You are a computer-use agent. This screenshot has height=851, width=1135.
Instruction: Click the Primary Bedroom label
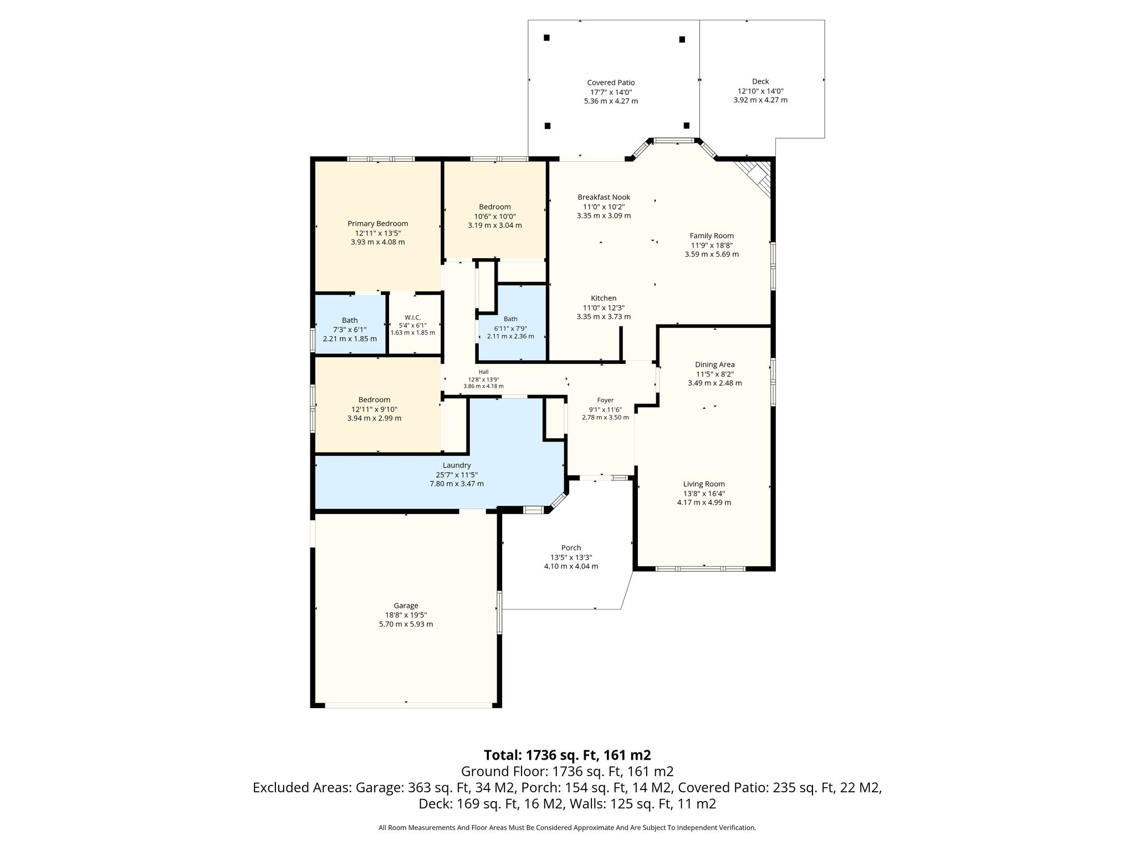click(377, 224)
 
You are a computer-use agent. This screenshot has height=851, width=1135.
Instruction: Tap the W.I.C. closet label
click(413, 317)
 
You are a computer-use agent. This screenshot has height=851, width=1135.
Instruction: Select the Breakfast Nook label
click(604, 197)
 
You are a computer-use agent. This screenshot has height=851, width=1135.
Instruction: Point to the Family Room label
click(712, 236)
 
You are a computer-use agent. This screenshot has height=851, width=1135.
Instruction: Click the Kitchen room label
click(604, 298)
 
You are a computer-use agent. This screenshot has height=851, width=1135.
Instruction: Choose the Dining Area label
click(715, 365)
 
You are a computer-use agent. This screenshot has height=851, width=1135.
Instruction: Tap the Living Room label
click(704, 484)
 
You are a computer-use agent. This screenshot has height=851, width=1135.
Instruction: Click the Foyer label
click(605, 400)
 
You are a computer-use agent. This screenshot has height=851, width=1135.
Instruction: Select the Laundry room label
click(457, 465)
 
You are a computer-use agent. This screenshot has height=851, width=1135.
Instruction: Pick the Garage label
click(406, 606)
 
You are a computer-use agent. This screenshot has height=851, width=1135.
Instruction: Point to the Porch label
click(571, 548)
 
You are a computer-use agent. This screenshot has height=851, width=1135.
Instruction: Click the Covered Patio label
click(611, 83)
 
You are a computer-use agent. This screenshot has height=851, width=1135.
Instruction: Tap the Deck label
click(760, 81)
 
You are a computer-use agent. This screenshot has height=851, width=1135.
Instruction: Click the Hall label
click(484, 372)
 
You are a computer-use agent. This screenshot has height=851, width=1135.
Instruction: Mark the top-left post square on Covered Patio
click(546, 38)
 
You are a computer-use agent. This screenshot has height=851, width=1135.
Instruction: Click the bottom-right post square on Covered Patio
click(687, 125)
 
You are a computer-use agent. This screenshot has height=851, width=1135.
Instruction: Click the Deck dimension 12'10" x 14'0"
click(760, 91)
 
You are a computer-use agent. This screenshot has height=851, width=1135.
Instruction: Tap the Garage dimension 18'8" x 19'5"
click(406, 615)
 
